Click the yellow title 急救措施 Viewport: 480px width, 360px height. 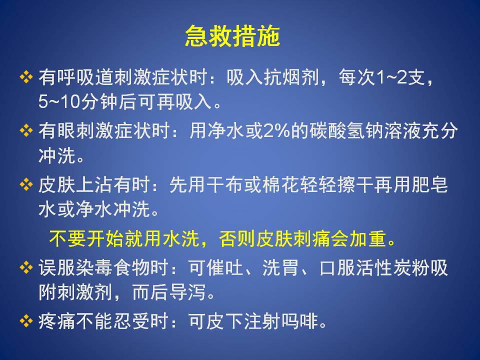tap(232, 36)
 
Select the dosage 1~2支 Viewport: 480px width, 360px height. tap(400, 77)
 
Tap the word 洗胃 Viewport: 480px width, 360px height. tap(280, 268)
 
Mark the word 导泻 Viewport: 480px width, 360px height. tap(187, 292)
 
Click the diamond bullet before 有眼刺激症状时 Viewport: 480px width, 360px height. tap(26, 131)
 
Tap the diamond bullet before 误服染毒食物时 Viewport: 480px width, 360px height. tap(26, 267)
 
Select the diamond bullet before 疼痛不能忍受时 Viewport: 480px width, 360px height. tap(26, 321)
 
